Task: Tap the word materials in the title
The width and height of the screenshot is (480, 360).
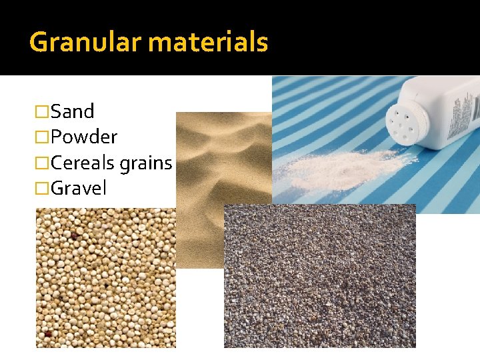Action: click(x=208, y=43)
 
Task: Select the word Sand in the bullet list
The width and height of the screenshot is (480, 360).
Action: click(x=73, y=111)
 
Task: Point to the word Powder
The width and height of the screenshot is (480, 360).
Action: click(x=84, y=137)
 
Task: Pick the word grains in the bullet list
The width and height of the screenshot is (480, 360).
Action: click(x=146, y=163)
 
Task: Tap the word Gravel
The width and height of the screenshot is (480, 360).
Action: click(x=79, y=188)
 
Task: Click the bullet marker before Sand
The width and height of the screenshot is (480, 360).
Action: click(x=42, y=111)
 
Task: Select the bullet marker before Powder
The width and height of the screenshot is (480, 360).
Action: click(x=42, y=137)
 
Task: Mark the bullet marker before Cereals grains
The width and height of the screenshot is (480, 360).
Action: click(x=42, y=163)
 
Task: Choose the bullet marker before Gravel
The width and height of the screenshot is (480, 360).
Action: click(x=42, y=189)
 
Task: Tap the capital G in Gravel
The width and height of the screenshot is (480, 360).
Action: click(x=58, y=188)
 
